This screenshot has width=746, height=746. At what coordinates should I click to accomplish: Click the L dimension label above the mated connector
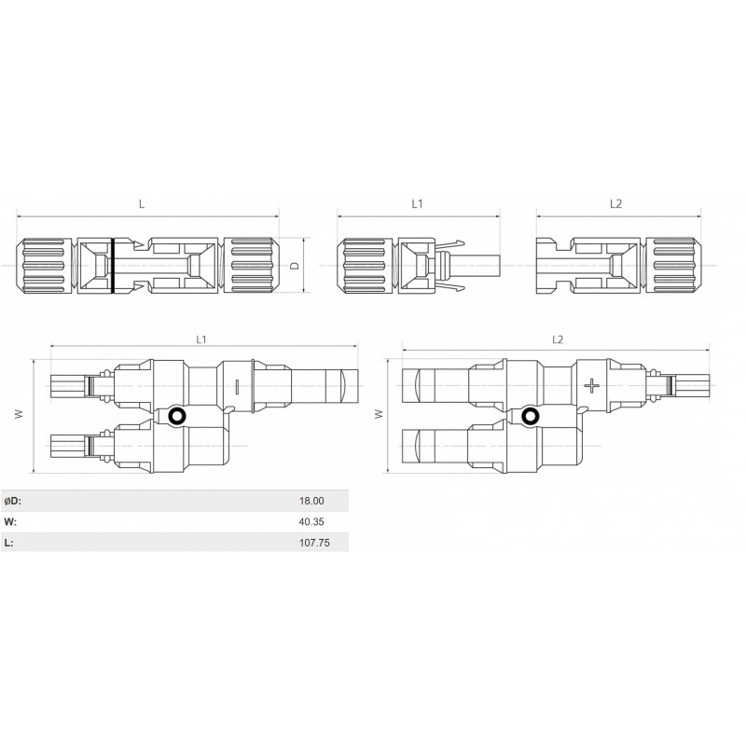[142, 202]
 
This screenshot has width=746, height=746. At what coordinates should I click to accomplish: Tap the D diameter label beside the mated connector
[294, 266]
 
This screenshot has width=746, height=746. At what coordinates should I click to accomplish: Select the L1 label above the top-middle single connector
[418, 202]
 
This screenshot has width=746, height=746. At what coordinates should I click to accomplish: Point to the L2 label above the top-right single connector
[615, 202]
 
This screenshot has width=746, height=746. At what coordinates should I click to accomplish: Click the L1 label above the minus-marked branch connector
[201, 340]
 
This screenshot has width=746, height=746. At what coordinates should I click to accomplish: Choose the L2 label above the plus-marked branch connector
[558, 340]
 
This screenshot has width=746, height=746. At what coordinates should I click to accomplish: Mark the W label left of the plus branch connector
[378, 413]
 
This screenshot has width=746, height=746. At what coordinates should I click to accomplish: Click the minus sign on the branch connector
[238, 385]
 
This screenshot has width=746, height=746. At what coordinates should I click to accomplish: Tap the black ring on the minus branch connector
[176, 416]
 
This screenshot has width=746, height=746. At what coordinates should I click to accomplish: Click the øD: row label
[13, 501]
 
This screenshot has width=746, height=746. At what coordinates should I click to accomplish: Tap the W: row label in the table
[10, 521]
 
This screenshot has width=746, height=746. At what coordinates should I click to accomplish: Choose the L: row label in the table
[8, 542]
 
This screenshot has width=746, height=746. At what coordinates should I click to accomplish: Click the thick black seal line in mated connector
[112, 266]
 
